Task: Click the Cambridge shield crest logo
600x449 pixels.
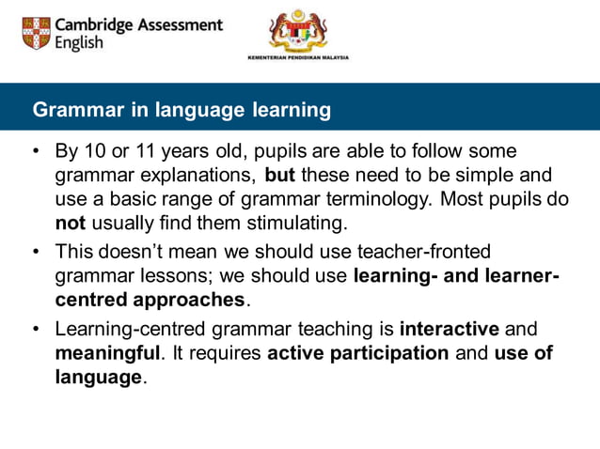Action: click(x=37, y=33)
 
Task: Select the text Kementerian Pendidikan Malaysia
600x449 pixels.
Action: click(x=297, y=57)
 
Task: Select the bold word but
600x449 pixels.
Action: click(x=280, y=175)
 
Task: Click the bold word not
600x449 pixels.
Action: click(x=71, y=224)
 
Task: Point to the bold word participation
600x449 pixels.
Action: click(x=386, y=353)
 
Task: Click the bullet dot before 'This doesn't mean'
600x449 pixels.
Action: click(x=36, y=252)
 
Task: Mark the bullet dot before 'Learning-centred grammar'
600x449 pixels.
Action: click(x=36, y=329)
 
